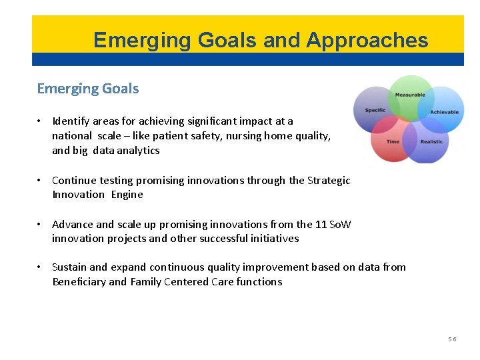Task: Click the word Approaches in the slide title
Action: pyautogui.click(x=367, y=41)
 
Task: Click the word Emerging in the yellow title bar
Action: pyautogui.click(x=133, y=41)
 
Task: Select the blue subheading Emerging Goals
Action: pyautogui.click(x=88, y=89)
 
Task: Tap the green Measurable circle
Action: pyautogui.click(x=410, y=94)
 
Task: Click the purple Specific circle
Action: pyautogui.click(x=375, y=110)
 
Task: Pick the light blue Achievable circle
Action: pyautogui.click(x=444, y=112)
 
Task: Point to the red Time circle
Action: pyautogui.click(x=393, y=142)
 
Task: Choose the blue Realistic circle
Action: pyautogui.click(x=431, y=142)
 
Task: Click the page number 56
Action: pyautogui.click(x=452, y=339)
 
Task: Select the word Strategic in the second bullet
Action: pyautogui.click(x=329, y=180)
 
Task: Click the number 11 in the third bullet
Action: pyautogui.click(x=321, y=224)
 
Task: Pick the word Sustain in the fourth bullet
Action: pyautogui.click(x=69, y=267)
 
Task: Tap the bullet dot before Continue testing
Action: pyautogui.click(x=41, y=180)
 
